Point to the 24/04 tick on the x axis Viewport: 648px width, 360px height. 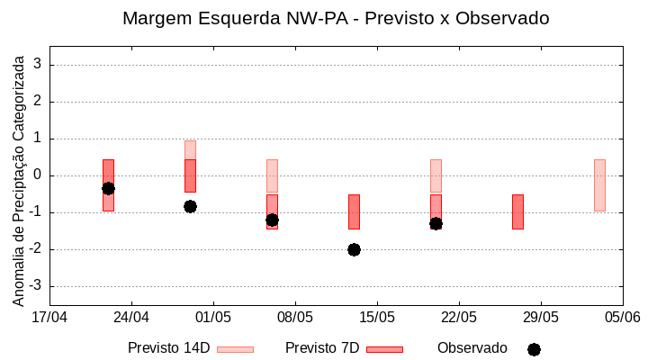pyautogui.click(x=131, y=317)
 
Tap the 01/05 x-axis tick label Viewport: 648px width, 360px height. pyautogui.click(x=213, y=317)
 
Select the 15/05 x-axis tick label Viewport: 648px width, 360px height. pyautogui.click(x=377, y=317)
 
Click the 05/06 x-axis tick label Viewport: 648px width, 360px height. pyautogui.click(x=622, y=317)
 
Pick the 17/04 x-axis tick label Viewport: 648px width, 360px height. pyautogui.click(x=49, y=317)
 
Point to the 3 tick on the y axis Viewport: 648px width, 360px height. pyautogui.click(x=39, y=65)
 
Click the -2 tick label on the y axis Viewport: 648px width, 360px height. pyautogui.click(x=36, y=249)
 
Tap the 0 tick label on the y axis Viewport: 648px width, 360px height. pyautogui.click(x=39, y=175)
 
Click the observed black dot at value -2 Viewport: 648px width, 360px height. pyautogui.click(x=354, y=249)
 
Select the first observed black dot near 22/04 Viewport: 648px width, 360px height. pyautogui.click(x=108, y=188)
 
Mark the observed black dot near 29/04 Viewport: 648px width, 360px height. pyautogui.click(x=190, y=206)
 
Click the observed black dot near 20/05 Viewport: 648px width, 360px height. pyautogui.click(x=436, y=223)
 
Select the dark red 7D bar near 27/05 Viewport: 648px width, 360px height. pyautogui.click(x=517, y=211)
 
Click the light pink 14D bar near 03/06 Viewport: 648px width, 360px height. pyautogui.click(x=599, y=184)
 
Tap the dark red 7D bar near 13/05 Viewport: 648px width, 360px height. pyautogui.click(x=354, y=211)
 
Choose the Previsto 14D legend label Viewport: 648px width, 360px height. pyautogui.click(x=169, y=348)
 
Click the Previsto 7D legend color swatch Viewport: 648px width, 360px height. pyautogui.click(x=384, y=349)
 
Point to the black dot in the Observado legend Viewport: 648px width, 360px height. pyautogui.click(x=534, y=349)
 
